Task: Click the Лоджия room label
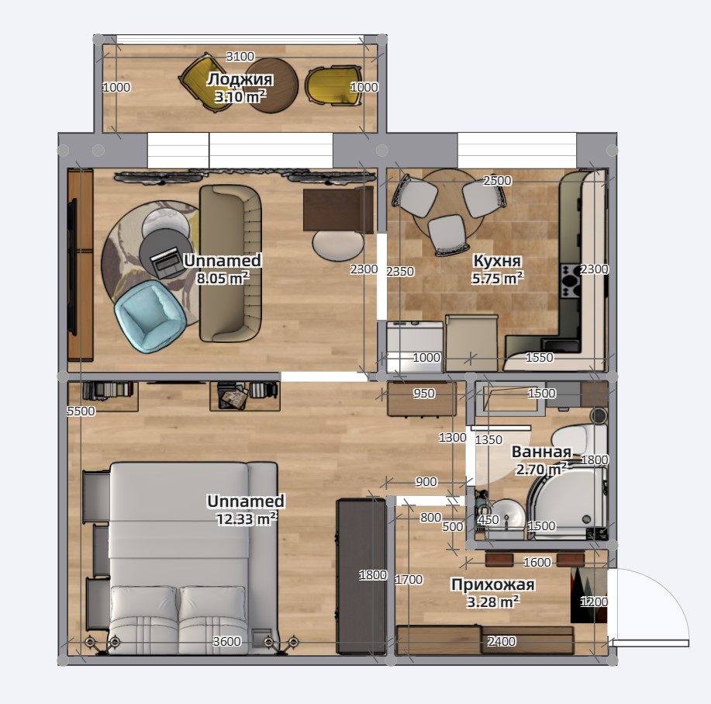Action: click(x=240, y=79)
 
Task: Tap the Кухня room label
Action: click(x=497, y=261)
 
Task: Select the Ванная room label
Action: click(x=541, y=452)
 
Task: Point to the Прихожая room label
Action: click(x=493, y=584)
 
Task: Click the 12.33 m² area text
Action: click(x=247, y=518)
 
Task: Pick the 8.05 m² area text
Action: click(x=223, y=278)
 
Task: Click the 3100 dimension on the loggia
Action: click(x=240, y=57)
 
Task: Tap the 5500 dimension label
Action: click(x=81, y=411)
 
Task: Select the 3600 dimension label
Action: click(x=226, y=641)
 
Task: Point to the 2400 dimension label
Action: click(x=501, y=641)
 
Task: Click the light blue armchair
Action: click(x=150, y=314)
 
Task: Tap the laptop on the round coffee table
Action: click(x=165, y=262)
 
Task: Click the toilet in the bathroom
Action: click(x=579, y=438)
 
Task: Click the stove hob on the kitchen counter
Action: click(x=571, y=282)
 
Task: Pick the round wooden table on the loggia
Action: click(x=272, y=85)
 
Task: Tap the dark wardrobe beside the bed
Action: click(x=361, y=577)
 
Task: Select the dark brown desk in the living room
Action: click(x=339, y=210)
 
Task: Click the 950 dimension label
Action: click(x=424, y=393)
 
